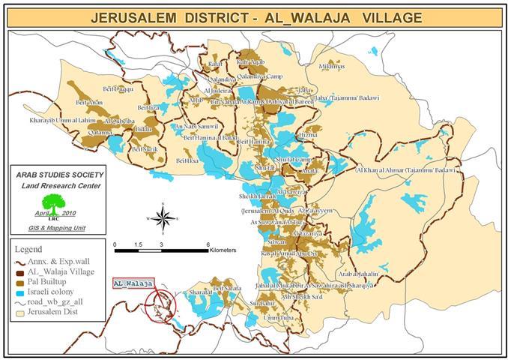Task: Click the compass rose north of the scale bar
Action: (161, 217)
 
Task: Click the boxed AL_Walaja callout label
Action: (133, 284)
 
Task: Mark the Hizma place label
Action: (309, 135)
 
